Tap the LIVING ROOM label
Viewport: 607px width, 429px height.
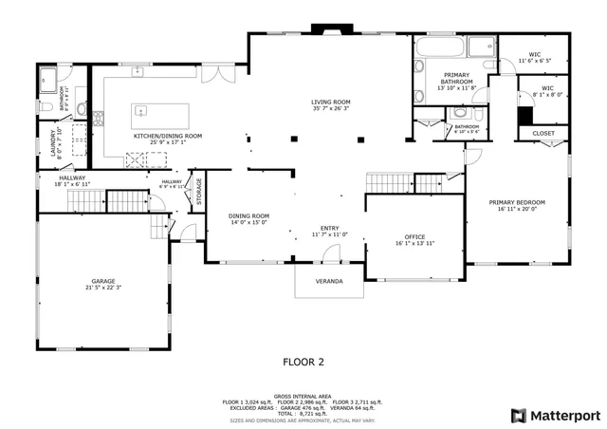click(331, 102)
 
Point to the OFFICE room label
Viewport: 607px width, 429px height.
click(414, 236)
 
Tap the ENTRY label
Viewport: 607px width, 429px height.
click(329, 228)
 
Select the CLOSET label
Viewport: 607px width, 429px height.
click(543, 134)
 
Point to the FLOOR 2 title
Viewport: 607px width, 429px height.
click(303, 362)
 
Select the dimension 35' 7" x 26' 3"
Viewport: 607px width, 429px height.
click(331, 109)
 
